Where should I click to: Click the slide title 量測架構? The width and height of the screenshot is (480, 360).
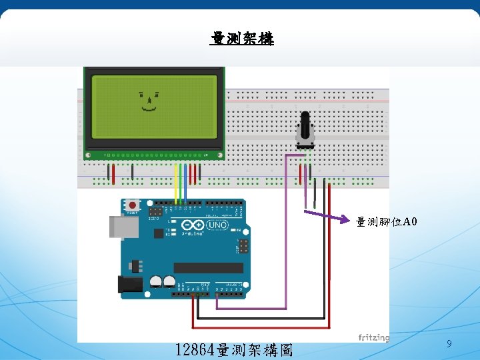241,39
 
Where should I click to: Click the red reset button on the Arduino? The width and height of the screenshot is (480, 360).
133,205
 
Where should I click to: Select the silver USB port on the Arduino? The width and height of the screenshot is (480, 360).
124,227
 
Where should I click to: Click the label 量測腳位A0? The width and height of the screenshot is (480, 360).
387,221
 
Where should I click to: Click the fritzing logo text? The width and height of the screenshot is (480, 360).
373,337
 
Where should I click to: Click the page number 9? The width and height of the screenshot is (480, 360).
449,344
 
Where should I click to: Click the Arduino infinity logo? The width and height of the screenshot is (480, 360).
197,225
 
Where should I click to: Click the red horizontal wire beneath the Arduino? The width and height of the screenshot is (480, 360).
260,327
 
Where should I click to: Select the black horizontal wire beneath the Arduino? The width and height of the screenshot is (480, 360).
260,318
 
